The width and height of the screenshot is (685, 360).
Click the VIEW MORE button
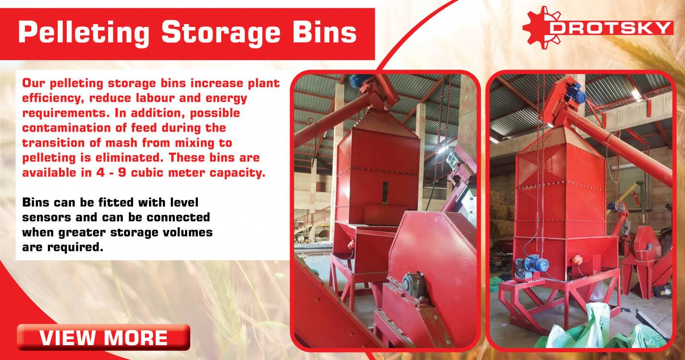coord(103,337)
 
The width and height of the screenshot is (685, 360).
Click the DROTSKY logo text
coord(611,28)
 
